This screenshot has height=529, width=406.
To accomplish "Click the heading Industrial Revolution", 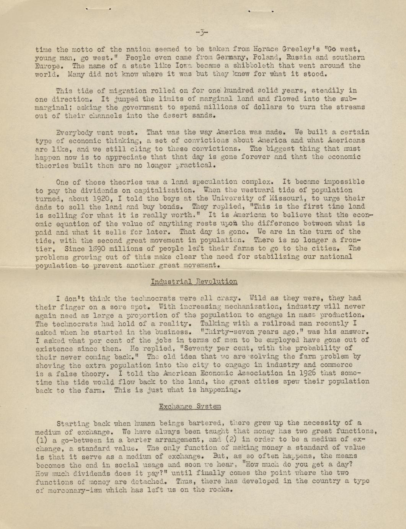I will [194, 282].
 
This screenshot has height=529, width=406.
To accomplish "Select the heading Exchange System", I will [190, 406].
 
